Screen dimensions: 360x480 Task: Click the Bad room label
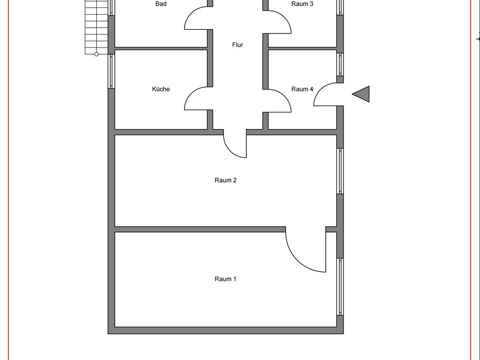click(161, 4)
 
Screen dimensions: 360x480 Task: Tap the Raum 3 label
click(302, 4)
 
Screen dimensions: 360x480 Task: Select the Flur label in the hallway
click(238, 45)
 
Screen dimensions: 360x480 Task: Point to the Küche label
click(161, 89)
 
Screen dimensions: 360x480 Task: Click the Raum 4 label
click(302, 89)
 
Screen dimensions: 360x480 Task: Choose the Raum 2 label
click(226, 180)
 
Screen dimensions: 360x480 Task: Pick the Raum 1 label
click(226, 279)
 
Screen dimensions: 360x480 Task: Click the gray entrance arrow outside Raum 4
click(362, 94)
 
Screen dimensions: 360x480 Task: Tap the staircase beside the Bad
click(97, 26)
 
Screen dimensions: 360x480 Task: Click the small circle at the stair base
click(96, 54)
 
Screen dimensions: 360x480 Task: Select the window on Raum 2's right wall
click(340, 171)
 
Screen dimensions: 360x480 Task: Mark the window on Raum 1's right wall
click(340, 286)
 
